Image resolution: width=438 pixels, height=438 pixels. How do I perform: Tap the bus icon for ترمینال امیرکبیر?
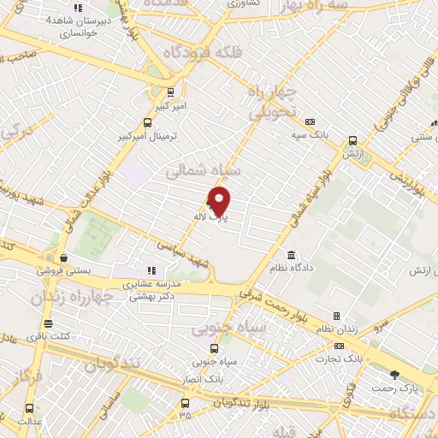[148, 122]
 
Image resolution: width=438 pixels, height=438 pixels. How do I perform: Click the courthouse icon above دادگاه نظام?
[292, 256]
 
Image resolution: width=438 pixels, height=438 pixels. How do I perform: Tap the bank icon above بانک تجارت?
[340, 346]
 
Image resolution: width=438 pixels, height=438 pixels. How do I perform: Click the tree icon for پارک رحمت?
[394, 375]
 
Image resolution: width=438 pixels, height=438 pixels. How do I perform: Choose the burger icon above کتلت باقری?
[48, 325]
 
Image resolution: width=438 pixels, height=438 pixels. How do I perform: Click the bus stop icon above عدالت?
[30, 408]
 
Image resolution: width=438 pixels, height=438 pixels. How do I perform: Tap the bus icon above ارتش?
[351, 139]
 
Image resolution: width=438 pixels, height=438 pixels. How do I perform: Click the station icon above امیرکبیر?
[171, 92]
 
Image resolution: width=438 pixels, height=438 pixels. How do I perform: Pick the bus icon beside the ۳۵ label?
[185, 402]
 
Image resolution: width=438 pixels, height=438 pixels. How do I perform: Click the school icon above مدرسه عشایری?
[152, 271]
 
